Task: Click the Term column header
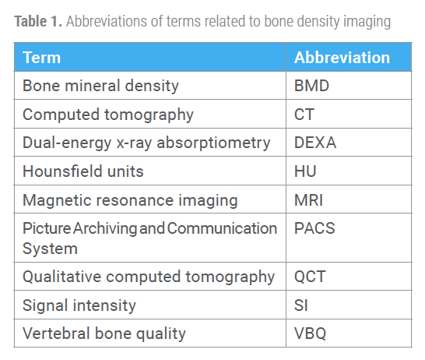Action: click(42, 58)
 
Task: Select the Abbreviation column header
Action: click(342, 58)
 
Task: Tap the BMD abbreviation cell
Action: click(311, 86)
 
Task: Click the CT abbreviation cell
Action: click(304, 115)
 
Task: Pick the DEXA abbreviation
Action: click(315, 143)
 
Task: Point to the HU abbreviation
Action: click(305, 171)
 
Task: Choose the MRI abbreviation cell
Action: click(308, 200)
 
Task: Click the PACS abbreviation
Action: click(314, 228)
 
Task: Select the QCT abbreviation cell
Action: click(310, 277)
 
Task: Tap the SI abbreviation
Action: click(301, 305)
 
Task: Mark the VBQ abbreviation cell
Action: click(310, 334)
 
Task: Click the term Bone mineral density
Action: click(101, 86)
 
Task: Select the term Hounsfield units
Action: click(83, 171)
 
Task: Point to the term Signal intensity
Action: click(79, 305)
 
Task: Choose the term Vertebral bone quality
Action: click(104, 334)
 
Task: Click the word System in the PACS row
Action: click(50, 249)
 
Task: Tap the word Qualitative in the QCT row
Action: click(62, 277)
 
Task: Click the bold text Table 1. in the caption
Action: click(38, 22)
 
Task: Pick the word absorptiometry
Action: click(213, 143)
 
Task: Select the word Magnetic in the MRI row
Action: click(58, 201)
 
